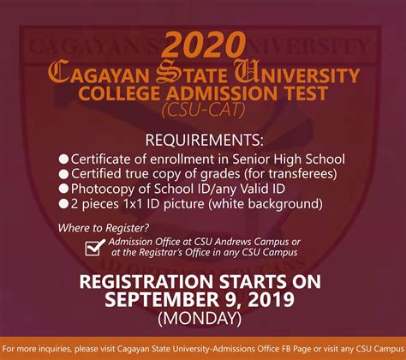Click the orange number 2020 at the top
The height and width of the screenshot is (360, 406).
point(203,45)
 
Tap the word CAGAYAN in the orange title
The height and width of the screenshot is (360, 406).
point(99,73)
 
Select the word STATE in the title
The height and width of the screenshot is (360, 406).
point(192,73)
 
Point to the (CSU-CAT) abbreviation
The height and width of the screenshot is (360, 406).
point(203,110)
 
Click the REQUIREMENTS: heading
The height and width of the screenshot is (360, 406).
point(204,140)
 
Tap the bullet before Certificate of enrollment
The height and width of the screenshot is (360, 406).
point(63,159)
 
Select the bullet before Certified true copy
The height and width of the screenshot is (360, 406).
point(63,174)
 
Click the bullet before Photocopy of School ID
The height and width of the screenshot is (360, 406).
point(63,189)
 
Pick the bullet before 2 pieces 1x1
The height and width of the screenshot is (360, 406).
point(63,204)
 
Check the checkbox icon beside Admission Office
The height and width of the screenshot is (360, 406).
point(95,248)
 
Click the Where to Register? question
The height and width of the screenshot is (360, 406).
point(104,228)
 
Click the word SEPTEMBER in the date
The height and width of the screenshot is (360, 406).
point(162,299)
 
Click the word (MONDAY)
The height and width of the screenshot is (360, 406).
point(200,318)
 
